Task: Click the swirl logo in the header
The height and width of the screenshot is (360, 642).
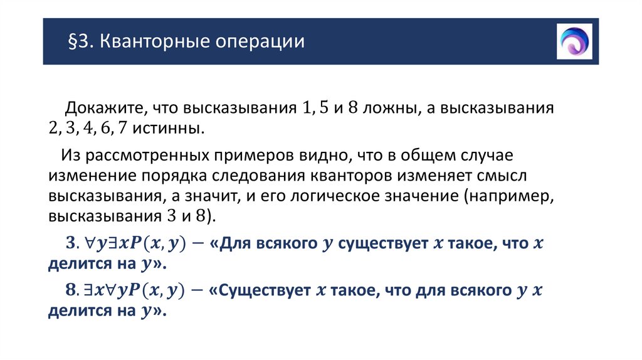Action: click(574, 41)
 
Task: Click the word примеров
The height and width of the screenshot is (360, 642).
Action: click(247, 155)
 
